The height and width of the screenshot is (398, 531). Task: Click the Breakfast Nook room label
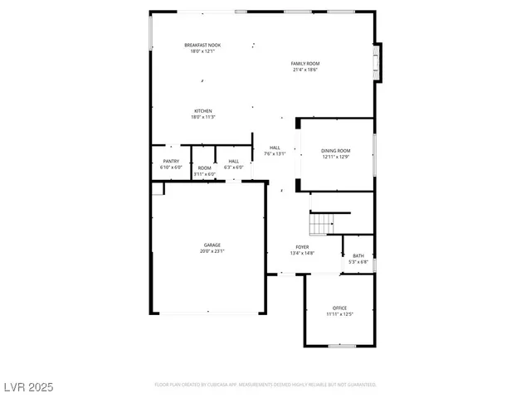[x=202, y=45]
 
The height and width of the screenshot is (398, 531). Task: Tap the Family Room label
[x=305, y=64]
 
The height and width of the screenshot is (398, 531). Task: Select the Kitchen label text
[x=203, y=111]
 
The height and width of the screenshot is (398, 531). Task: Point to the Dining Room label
[x=336, y=151]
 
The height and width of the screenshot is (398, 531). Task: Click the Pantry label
[x=171, y=161]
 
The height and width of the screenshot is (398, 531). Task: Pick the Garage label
[x=213, y=245]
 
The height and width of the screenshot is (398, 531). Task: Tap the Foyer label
[x=303, y=248]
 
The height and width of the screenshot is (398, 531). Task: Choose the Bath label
[x=358, y=256]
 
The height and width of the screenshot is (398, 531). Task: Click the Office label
[x=339, y=308]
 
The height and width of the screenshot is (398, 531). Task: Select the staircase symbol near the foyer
[x=321, y=223]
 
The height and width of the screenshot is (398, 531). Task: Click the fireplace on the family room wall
[x=378, y=63]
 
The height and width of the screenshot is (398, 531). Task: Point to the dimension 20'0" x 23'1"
[x=213, y=250]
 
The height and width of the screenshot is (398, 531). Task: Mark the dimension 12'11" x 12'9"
[x=336, y=157]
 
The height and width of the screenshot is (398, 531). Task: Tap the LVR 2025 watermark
[x=29, y=387]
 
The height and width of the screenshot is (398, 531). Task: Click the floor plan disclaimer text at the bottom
[x=265, y=385]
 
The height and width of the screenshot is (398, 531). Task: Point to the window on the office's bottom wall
[x=341, y=346]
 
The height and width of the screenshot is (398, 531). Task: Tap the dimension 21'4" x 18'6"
[x=305, y=70]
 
